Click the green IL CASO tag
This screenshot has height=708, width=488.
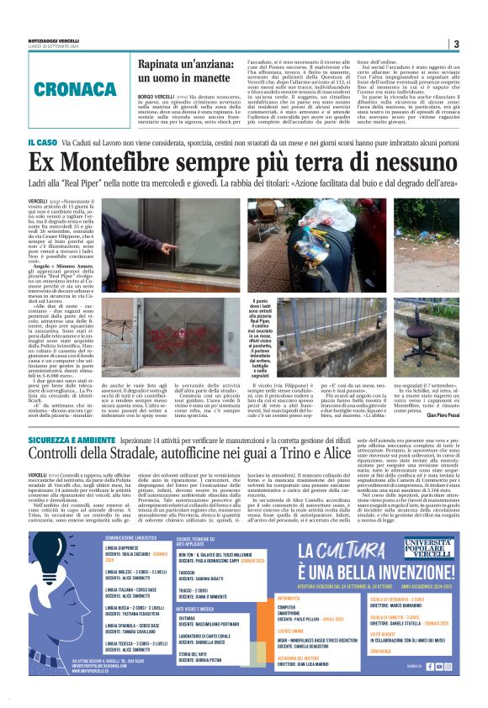coord(42,143)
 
